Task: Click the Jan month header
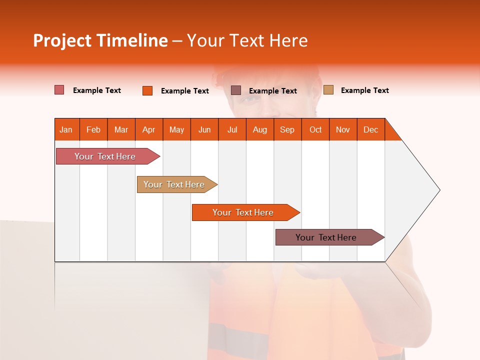(x=66, y=129)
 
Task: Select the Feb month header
(x=93, y=129)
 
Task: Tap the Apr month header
(x=149, y=129)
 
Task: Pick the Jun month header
(x=204, y=129)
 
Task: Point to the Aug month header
(x=260, y=129)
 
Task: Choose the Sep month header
(x=287, y=129)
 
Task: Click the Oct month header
(x=315, y=129)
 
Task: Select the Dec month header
(x=371, y=129)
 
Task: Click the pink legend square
(x=59, y=90)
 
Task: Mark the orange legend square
(x=147, y=90)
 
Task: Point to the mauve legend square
(x=236, y=90)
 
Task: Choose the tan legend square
(x=328, y=90)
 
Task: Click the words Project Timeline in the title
(x=100, y=40)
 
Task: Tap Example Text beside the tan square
(x=364, y=90)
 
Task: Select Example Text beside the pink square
(x=97, y=90)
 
